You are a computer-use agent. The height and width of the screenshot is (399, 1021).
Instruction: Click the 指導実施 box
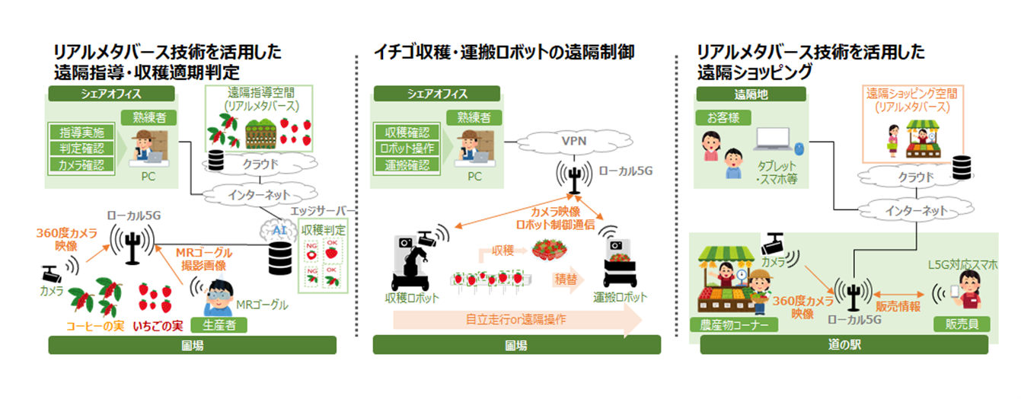(81, 131)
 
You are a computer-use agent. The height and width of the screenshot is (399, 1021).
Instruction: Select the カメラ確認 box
(81, 164)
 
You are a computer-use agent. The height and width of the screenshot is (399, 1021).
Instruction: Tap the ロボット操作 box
(406, 147)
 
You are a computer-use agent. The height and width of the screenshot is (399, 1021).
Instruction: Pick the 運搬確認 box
(406, 164)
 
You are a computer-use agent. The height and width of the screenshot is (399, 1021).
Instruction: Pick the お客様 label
(723, 118)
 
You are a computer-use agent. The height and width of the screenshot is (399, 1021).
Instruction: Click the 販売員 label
(963, 324)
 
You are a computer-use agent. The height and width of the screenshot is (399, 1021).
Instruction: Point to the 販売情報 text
(898, 305)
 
